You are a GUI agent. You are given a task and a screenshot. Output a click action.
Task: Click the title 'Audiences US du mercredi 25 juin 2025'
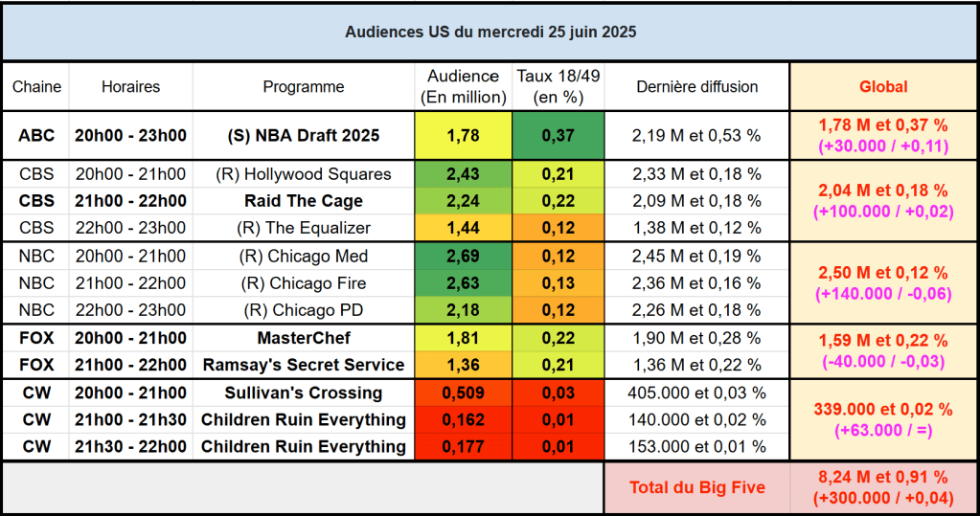point(490,32)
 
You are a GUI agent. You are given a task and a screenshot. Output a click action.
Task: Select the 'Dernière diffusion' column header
point(696,87)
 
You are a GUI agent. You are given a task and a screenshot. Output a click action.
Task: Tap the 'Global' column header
point(883,87)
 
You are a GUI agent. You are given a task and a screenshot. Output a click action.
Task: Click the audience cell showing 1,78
point(463,136)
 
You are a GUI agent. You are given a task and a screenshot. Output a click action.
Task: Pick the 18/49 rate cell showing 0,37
point(558,136)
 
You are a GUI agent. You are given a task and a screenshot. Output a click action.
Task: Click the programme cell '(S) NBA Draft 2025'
point(304,136)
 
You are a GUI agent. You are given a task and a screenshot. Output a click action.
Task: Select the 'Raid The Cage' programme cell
point(304,201)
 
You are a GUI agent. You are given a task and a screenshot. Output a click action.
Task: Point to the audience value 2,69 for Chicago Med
point(463,257)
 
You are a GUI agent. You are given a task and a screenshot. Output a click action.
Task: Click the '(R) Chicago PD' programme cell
point(304,310)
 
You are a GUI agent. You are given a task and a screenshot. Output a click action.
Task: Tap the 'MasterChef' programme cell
point(304,338)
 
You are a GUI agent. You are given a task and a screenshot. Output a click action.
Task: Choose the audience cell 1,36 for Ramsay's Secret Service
point(463,365)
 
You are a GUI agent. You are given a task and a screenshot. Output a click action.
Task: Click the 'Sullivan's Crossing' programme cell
point(304,393)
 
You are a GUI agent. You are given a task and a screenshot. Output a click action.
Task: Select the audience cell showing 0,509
point(463,393)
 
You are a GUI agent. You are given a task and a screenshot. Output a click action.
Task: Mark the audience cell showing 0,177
point(463,447)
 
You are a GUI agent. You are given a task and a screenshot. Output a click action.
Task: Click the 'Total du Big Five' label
point(696,487)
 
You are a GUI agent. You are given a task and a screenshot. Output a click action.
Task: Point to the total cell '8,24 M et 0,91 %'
point(883,478)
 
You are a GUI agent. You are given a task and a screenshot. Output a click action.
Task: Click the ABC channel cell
point(36,136)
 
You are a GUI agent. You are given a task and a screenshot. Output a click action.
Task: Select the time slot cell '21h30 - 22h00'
point(130,447)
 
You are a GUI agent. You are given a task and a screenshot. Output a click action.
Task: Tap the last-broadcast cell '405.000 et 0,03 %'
point(696,393)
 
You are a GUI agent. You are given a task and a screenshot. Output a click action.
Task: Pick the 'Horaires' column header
point(130,87)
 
